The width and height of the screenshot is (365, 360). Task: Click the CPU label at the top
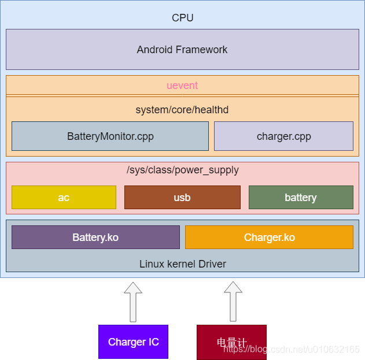pos(182,18)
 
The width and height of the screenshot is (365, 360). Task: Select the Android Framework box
pos(182,50)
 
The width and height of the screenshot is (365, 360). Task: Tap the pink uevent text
pos(182,86)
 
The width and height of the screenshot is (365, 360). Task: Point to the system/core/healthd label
pos(182,110)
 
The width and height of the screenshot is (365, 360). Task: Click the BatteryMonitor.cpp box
pos(110,136)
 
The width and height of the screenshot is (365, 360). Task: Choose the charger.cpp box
pos(283,136)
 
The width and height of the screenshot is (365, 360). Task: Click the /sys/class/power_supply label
pos(182,170)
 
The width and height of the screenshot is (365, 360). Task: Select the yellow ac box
pos(64,198)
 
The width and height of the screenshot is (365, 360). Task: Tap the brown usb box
pos(182,198)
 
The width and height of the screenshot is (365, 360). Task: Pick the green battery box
pos(301,198)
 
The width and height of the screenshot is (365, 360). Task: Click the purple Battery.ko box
pos(95,237)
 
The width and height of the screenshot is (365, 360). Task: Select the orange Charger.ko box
pos(269,237)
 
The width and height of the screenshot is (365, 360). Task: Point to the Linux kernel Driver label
pos(182,264)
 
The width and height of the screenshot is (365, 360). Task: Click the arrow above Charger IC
pos(133,302)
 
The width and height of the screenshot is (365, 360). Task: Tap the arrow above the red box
pos(233,302)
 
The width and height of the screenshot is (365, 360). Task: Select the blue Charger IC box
pos(133,342)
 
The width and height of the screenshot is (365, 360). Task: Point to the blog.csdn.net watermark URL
pos(292,349)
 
